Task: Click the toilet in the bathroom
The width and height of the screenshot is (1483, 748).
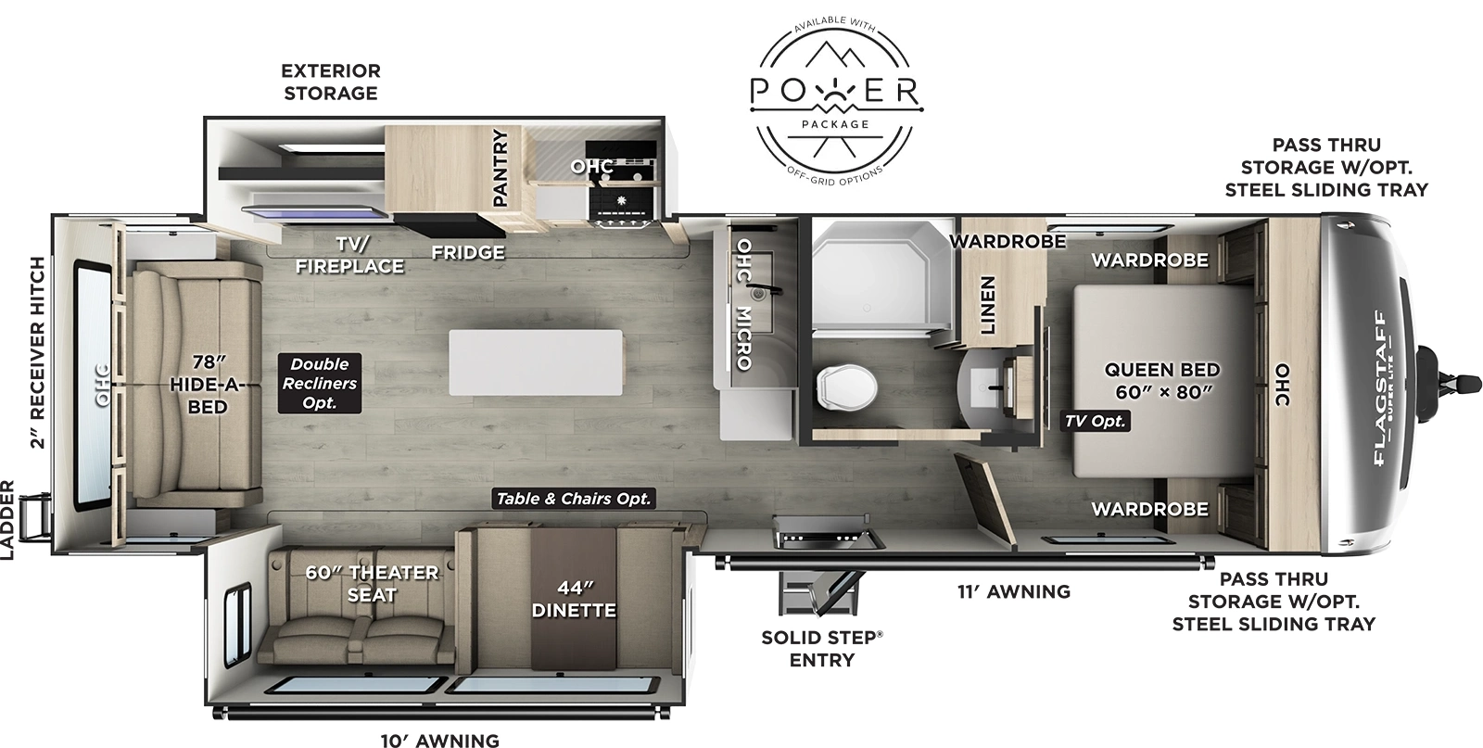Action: pyautogui.click(x=845, y=386)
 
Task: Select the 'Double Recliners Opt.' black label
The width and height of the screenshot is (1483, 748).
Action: pyautogui.click(x=319, y=384)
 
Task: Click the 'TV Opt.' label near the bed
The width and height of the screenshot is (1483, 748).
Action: pyautogui.click(x=1095, y=421)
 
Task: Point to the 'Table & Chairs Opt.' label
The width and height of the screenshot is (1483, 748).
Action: pyautogui.click(x=574, y=499)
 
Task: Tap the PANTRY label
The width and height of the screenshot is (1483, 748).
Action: pyautogui.click(x=501, y=168)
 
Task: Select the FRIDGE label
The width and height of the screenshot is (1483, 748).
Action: pyautogui.click(x=468, y=252)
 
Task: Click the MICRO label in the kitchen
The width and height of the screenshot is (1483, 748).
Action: pyautogui.click(x=743, y=337)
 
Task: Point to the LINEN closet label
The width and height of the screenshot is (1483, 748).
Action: pyautogui.click(x=987, y=305)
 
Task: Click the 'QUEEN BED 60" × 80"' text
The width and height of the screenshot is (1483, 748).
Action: pyautogui.click(x=1162, y=380)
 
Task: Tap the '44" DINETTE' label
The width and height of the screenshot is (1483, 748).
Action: pyautogui.click(x=574, y=599)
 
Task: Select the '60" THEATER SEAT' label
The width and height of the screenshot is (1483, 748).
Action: pyautogui.click(x=371, y=583)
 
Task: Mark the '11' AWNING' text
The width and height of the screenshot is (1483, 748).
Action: pyautogui.click(x=1013, y=591)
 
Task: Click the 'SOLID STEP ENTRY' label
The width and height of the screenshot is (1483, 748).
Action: pyautogui.click(x=821, y=648)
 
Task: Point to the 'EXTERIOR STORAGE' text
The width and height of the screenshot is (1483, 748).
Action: pyautogui.click(x=331, y=82)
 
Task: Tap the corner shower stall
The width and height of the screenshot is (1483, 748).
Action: pyautogui.click(x=881, y=274)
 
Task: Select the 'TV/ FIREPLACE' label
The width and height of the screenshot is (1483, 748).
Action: pyautogui.click(x=349, y=255)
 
